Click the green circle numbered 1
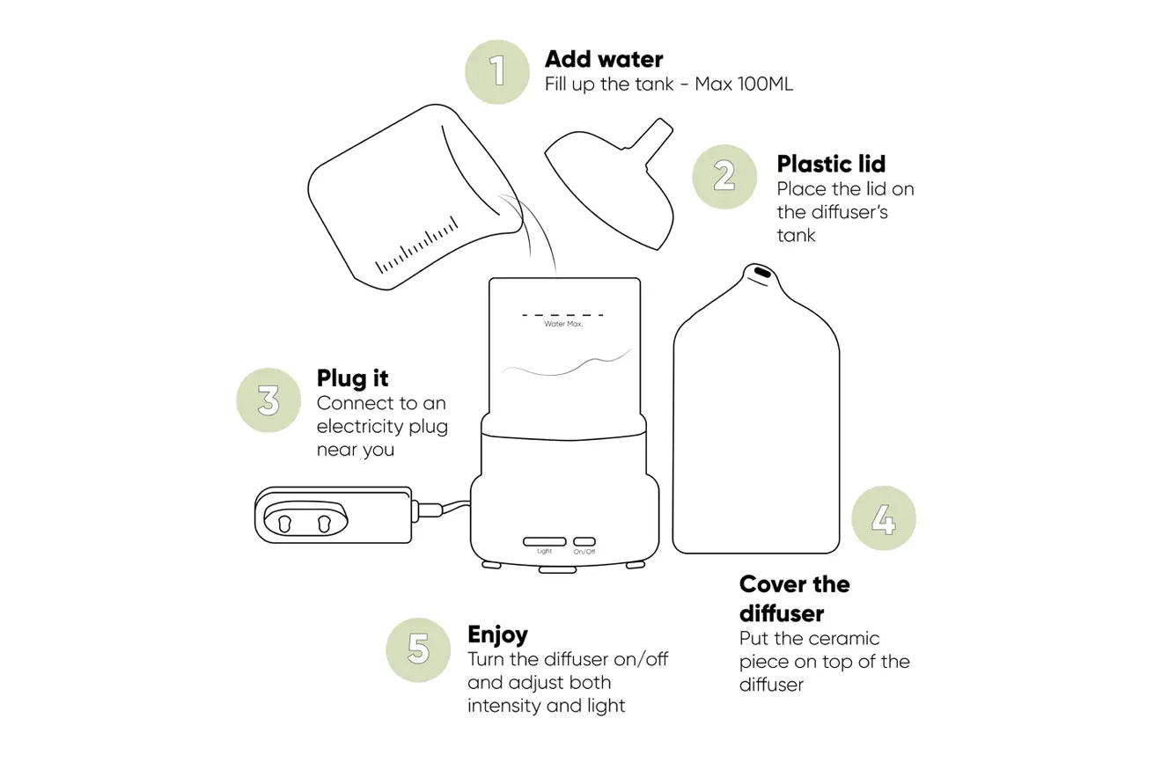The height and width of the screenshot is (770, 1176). click(497, 72)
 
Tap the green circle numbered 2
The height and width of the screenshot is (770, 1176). click(724, 177)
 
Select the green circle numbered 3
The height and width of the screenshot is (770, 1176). click(268, 400)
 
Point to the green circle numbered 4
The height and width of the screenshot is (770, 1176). click(884, 518)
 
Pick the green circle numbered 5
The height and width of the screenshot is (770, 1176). click(418, 649)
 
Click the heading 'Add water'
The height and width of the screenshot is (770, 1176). click(604, 59)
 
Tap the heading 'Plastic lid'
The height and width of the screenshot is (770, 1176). click(831, 164)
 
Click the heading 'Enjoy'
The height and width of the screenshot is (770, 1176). click(497, 635)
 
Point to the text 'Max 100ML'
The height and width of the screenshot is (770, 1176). click(744, 84)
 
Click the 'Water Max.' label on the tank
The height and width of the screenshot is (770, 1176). click(563, 324)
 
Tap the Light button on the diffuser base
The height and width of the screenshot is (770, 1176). click(544, 542)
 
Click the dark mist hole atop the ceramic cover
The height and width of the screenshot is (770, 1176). click(762, 272)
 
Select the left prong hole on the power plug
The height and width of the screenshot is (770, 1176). click(284, 524)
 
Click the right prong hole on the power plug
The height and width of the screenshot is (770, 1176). click(324, 524)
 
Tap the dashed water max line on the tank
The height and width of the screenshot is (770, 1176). click(562, 315)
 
